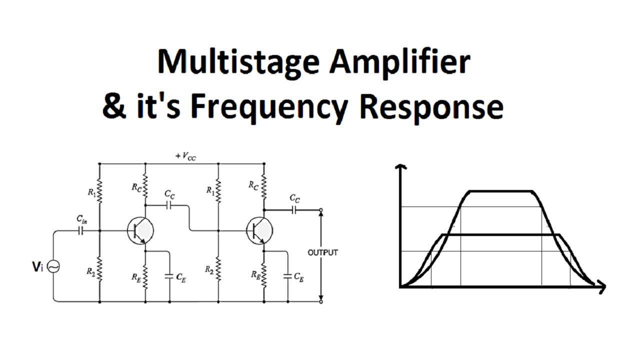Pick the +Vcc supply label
[x=185, y=156]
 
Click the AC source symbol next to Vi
[x=53, y=267]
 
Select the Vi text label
[x=38, y=267]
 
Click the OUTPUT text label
[x=322, y=252]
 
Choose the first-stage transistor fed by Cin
[x=140, y=230]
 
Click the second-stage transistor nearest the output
[x=259, y=230]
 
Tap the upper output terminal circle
[x=320, y=210]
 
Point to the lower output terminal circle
[x=320, y=301]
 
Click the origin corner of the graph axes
[x=400, y=287]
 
